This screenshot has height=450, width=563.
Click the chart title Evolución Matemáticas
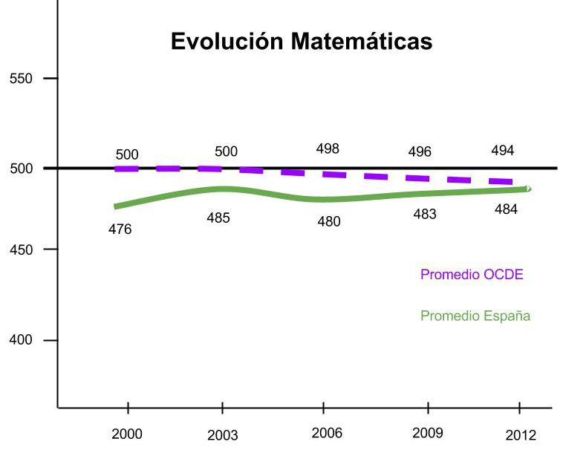[x=301, y=41]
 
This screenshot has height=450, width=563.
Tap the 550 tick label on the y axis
[x=20, y=79]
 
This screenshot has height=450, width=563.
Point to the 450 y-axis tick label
[x=20, y=250]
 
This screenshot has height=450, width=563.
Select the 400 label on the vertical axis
[x=20, y=340]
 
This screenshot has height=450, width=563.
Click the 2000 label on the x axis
[x=127, y=434]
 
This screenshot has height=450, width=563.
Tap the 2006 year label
[x=327, y=434]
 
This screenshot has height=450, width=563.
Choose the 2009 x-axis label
[x=427, y=433]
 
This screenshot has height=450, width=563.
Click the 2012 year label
[x=520, y=436]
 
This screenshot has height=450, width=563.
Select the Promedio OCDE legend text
[x=472, y=275]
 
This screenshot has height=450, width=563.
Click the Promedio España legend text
[x=475, y=316]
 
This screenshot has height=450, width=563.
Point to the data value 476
[x=120, y=230]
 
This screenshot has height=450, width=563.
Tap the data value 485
[x=218, y=218]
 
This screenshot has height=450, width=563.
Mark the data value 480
[x=329, y=222]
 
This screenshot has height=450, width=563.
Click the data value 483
[x=425, y=215]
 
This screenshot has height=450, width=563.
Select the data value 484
[x=506, y=209]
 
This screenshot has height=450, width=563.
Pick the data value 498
[x=328, y=149]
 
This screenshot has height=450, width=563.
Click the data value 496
[x=420, y=152]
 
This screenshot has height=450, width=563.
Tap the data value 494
[x=503, y=151]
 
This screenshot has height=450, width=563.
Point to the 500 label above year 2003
[x=226, y=152]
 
